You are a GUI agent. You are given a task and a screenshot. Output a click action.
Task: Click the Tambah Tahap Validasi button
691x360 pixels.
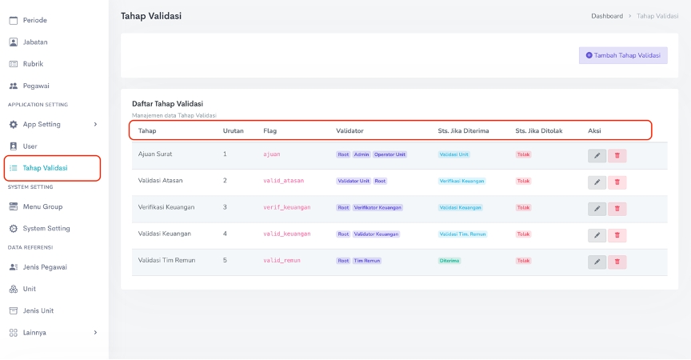pos(623,55)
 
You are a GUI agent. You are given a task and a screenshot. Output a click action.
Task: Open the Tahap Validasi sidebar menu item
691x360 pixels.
pos(45,168)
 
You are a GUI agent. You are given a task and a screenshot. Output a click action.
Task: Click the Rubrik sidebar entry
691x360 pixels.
pos(33,63)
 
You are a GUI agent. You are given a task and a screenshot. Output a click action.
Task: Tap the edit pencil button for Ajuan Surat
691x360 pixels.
pos(597,156)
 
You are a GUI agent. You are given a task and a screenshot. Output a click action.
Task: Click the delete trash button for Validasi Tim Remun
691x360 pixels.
pos(617,262)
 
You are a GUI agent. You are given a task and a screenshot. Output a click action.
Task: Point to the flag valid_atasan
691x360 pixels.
pos(283,181)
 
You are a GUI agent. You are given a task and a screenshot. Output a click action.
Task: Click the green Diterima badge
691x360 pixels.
pos(449,261)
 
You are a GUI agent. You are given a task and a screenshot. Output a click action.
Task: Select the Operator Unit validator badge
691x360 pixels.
pos(389,154)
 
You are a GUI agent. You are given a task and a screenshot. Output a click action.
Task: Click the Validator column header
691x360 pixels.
pos(349,130)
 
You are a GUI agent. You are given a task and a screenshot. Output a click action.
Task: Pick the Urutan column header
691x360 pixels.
pos(233,130)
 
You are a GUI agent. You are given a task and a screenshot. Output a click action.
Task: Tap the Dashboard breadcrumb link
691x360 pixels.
pos(606,16)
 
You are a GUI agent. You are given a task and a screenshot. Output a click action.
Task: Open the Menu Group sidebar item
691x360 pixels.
pos(42,206)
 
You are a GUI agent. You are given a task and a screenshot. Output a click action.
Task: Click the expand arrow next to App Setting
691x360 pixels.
pos(95,124)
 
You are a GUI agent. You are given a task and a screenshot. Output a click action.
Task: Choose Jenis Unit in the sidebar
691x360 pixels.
pos(40,310)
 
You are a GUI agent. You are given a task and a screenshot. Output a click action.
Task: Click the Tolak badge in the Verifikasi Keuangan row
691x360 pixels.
pos(523,207)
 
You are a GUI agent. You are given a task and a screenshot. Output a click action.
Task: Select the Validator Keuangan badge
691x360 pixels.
pos(376,234)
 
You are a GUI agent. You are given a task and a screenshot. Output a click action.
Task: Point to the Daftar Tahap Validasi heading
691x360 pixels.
pos(167,103)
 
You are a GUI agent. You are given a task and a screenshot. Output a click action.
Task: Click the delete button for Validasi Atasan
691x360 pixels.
pos(617,182)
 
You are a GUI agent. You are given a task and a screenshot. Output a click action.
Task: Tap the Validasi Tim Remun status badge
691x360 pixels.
pos(462,234)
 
